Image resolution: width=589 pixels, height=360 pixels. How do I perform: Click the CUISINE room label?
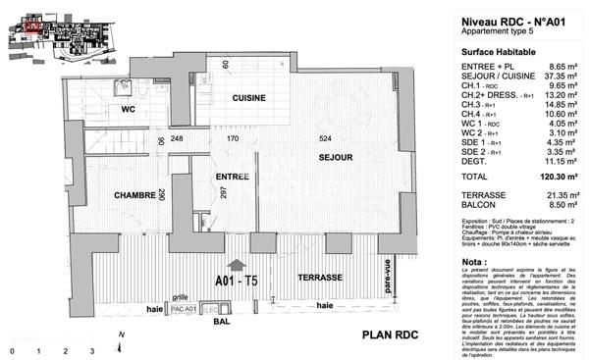tap(250, 100)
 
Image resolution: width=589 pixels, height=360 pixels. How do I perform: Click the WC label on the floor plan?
tap(127, 110)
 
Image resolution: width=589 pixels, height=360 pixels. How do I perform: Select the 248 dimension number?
tap(177, 138)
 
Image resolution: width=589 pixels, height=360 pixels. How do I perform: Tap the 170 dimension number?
tap(234, 138)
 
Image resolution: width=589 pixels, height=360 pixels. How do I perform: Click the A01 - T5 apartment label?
tap(237, 281)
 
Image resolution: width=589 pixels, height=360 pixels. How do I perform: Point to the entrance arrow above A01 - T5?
tap(237, 263)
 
